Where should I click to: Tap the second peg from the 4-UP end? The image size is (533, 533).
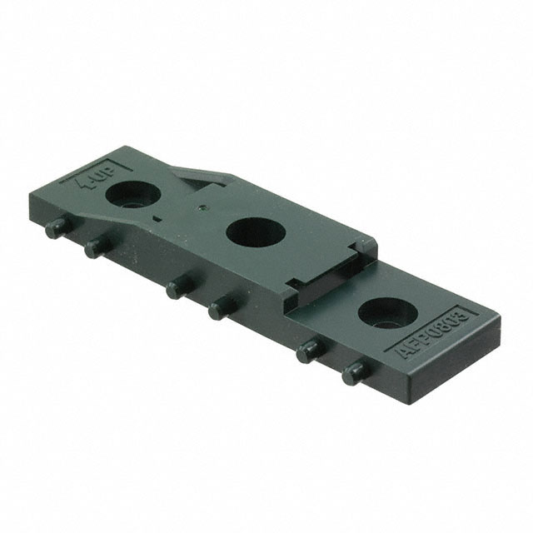(93, 246)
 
